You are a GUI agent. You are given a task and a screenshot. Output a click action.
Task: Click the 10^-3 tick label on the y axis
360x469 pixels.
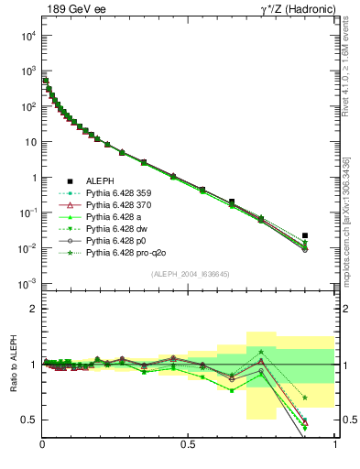click(27, 284)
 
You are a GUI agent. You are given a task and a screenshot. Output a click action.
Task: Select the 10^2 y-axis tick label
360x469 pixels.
click(27, 106)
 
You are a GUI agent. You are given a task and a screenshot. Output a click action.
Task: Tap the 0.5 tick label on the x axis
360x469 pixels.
click(188, 444)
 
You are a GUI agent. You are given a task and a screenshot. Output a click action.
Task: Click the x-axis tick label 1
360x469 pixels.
click(334, 444)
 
